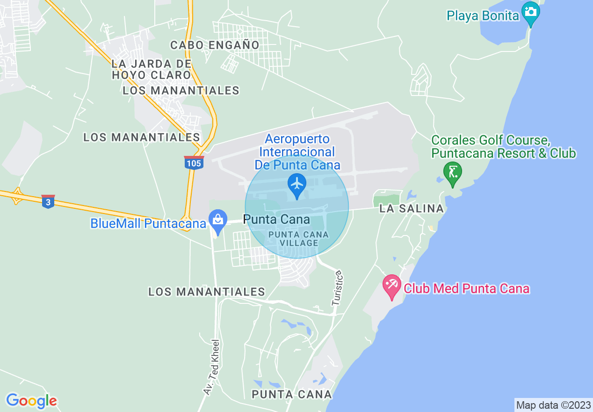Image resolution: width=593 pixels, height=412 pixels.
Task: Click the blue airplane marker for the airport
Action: [x=296, y=184]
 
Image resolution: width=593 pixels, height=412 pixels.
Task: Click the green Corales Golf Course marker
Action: [x=452, y=172]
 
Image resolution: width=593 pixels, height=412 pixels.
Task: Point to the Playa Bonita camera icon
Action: [x=531, y=12]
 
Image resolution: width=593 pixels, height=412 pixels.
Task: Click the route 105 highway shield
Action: [x=193, y=163]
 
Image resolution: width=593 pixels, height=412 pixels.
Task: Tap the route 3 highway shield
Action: [x=48, y=202]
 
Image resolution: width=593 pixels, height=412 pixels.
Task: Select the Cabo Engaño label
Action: [x=215, y=45]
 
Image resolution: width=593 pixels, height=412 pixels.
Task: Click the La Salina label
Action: [x=412, y=209]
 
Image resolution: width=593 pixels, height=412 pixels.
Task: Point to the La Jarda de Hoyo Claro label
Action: [x=152, y=69]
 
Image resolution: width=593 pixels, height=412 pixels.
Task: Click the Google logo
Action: [x=31, y=401]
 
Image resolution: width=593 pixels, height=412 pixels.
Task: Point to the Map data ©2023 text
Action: [x=553, y=405]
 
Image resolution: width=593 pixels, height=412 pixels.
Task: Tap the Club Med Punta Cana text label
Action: [x=466, y=288]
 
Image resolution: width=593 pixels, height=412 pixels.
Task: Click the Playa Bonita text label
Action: [x=483, y=15]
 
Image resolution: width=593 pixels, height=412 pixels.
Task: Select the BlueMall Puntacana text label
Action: [x=148, y=223]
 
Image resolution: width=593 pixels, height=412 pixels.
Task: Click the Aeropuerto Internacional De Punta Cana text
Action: [x=297, y=152]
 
